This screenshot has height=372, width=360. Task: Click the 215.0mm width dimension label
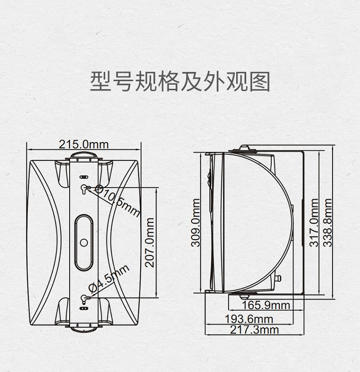[84, 144]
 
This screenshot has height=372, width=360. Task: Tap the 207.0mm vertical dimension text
[150, 243]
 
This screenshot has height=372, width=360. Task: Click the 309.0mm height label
[196, 223]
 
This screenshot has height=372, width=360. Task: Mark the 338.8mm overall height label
[328, 223]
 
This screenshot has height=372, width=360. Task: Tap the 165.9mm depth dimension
[266, 305]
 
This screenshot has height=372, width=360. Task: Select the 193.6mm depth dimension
[249, 319]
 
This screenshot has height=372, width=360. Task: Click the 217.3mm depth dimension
[254, 330]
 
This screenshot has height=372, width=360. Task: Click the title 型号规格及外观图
[180, 82]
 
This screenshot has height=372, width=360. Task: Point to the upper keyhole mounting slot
[84, 189]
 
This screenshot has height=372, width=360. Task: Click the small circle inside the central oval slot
[84, 242]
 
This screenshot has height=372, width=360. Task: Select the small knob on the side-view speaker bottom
[278, 278]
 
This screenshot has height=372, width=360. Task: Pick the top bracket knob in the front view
[84, 156]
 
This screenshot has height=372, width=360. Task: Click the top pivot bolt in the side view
[244, 147]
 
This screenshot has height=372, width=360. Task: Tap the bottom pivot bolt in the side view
[244, 297]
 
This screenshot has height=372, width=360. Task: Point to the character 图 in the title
[260, 82]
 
